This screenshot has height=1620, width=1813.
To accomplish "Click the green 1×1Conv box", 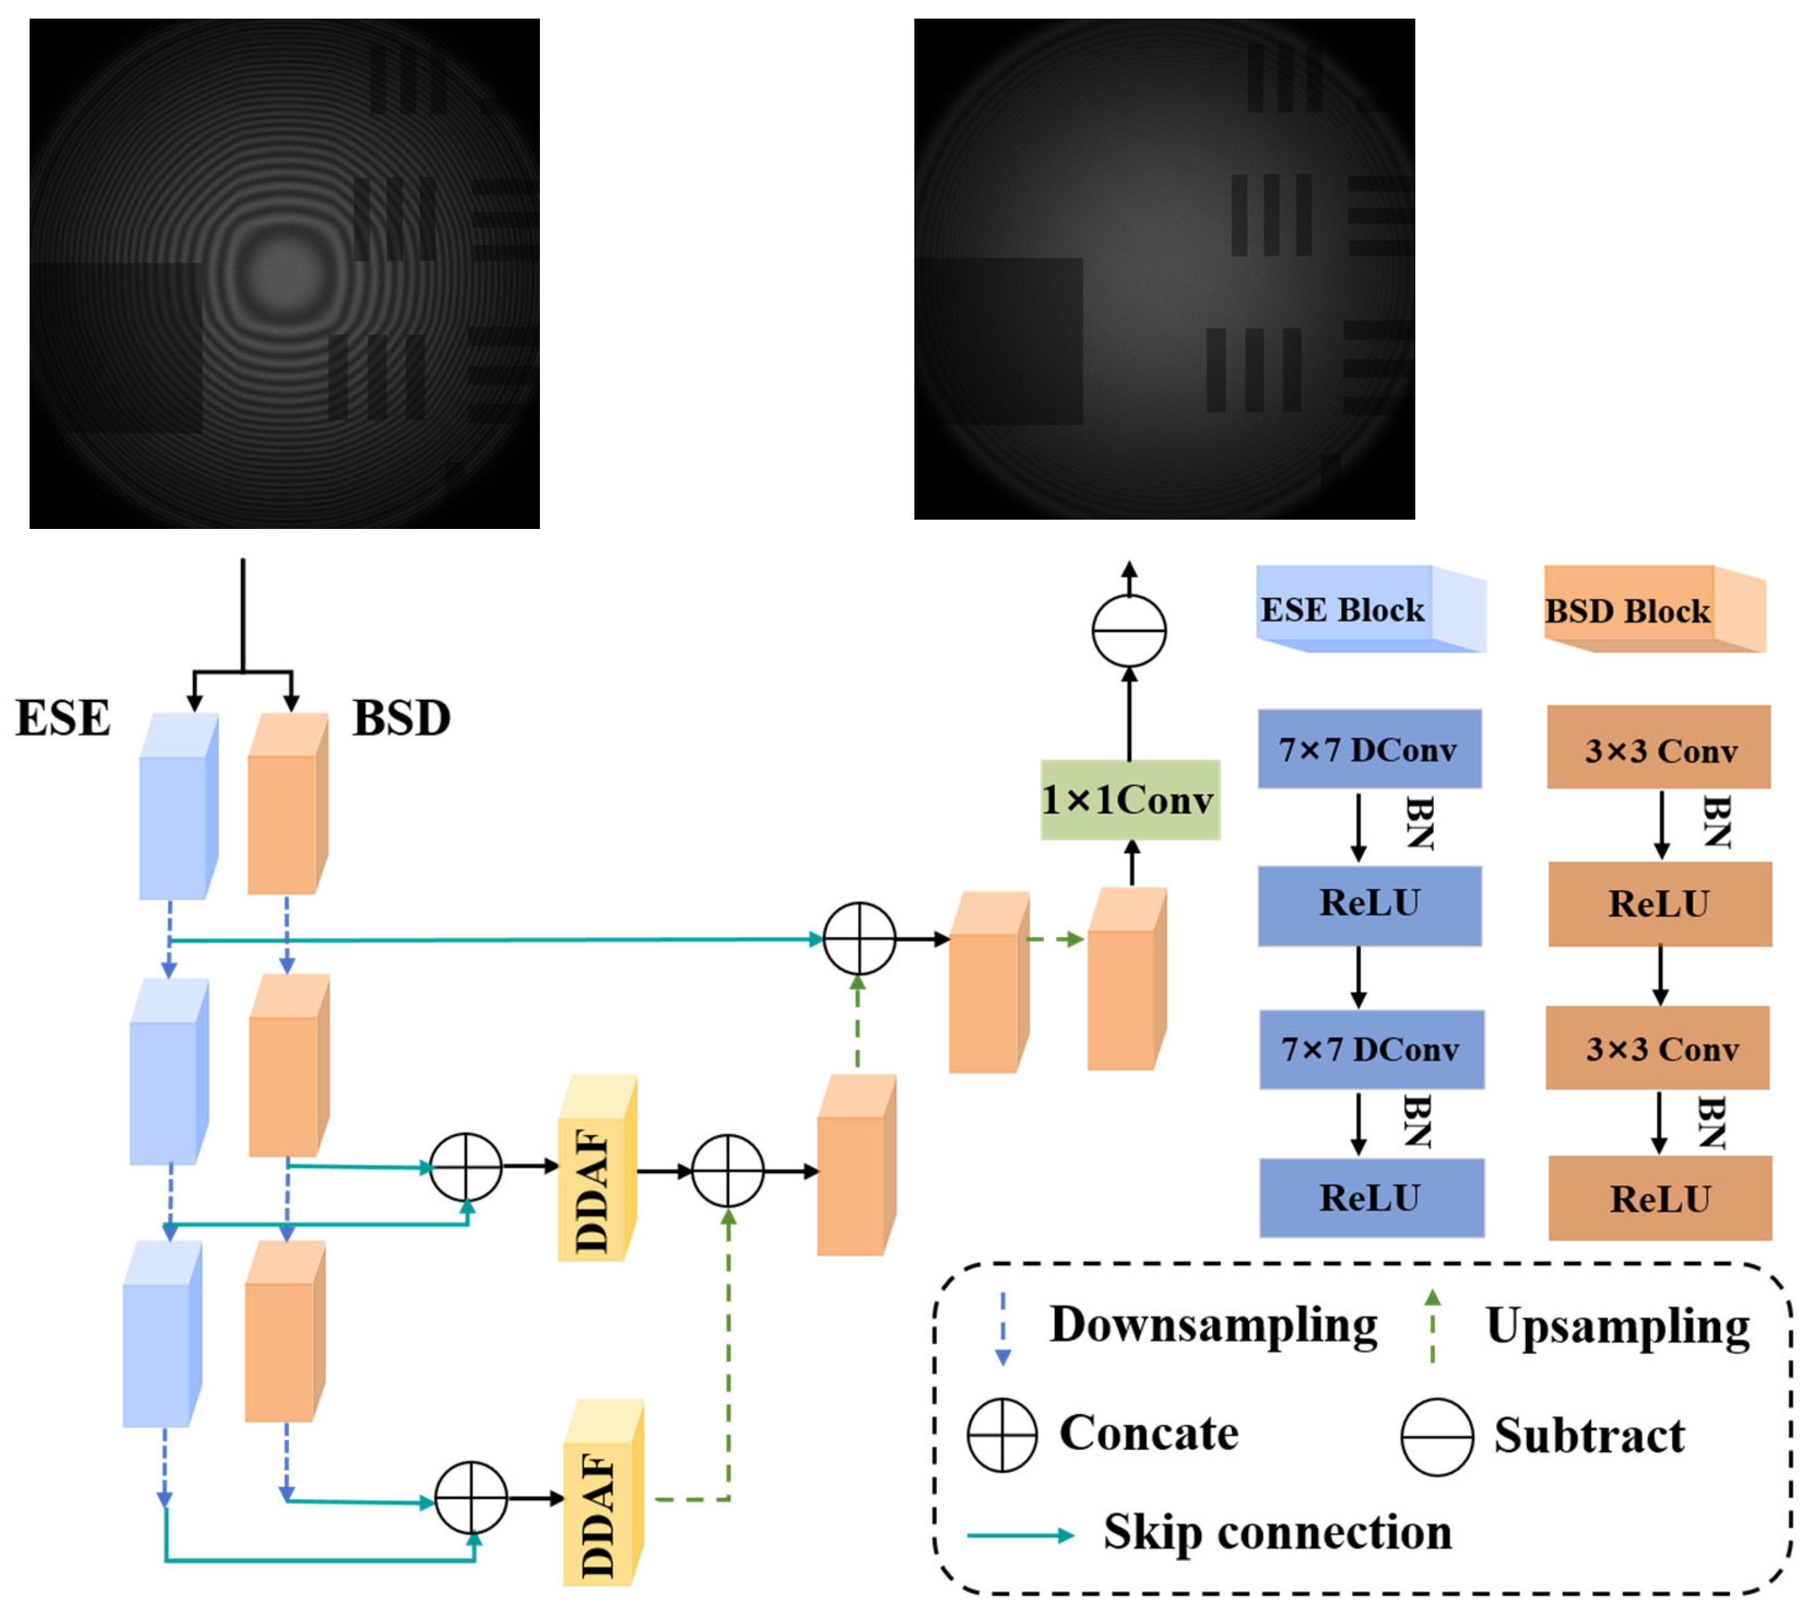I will click(x=1130, y=800).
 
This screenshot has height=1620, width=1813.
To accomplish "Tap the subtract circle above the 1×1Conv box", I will click(x=1129, y=630).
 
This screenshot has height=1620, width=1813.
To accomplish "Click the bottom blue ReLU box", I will click(x=1371, y=1198).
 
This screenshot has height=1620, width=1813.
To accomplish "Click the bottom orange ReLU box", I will click(x=1660, y=1199).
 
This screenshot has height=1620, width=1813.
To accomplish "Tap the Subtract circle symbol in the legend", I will click(x=1436, y=1437).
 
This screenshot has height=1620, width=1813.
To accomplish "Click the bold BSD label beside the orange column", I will click(x=401, y=718).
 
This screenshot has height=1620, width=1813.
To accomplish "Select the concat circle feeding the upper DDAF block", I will click(x=466, y=1167).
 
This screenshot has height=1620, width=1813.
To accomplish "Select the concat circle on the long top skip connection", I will click(x=859, y=939).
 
